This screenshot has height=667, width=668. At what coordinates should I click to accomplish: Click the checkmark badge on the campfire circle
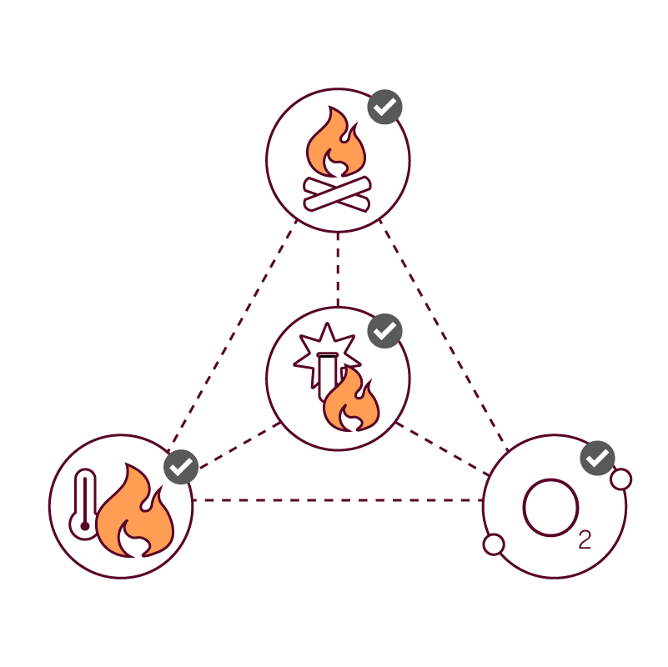click(384, 107)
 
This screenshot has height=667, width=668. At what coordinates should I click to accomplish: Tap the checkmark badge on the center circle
click(384, 331)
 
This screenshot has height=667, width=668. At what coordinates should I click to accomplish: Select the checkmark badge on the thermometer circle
click(181, 467)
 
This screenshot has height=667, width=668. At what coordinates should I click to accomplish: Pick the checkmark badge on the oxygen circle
click(597, 458)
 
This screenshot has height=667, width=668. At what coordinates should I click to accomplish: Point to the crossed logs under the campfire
click(337, 193)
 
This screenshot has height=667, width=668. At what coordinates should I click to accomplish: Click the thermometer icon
click(85, 504)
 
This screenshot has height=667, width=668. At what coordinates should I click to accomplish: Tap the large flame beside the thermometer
click(135, 515)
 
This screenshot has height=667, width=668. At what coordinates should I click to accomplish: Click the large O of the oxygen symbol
click(550, 507)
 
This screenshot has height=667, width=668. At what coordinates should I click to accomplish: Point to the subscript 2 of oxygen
click(585, 540)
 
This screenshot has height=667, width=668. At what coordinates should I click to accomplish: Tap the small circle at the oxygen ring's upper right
click(620, 479)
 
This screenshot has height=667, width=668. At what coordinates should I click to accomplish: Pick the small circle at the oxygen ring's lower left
click(494, 544)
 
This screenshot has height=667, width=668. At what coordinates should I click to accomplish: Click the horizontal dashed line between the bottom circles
click(338, 500)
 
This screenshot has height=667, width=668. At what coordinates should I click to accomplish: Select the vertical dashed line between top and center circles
click(338, 268)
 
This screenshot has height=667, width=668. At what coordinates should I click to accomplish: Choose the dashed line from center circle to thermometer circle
click(238, 445)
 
